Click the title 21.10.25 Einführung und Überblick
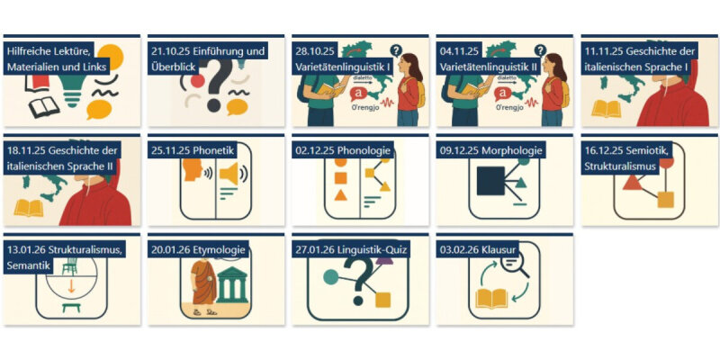click(x=208, y=58)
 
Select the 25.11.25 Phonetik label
click(x=193, y=150)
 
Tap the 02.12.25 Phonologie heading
click(x=343, y=150)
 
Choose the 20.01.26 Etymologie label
click(x=198, y=250)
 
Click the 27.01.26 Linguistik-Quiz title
click(x=351, y=250)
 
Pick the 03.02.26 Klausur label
click(x=478, y=250)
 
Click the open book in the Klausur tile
click(x=490, y=299)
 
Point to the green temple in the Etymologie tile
click(x=232, y=284)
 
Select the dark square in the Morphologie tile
click(x=490, y=181)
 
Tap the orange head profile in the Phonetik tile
click(x=193, y=169)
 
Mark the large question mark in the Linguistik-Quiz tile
click(x=359, y=280)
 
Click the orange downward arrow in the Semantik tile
click(x=71, y=286)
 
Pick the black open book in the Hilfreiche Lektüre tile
click(x=44, y=107)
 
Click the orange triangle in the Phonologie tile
click(x=340, y=195)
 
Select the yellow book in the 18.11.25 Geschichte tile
click(x=29, y=208)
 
